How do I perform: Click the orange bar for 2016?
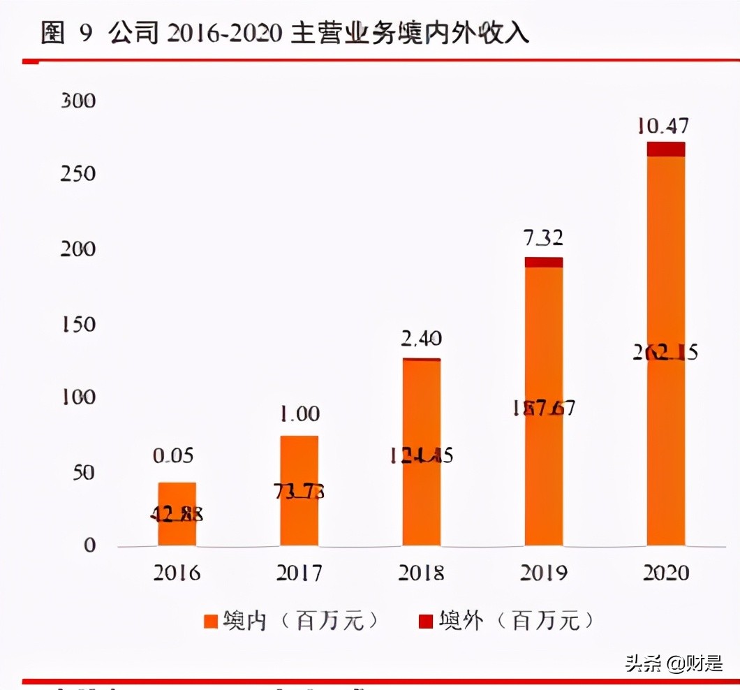click(177, 513)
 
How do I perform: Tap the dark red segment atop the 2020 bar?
click(665, 149)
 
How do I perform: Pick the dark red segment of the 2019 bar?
click(543, 262)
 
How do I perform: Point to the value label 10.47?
click(663, 126)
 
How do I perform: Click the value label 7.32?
click(543, 238)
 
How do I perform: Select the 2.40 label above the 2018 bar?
click(422, 339)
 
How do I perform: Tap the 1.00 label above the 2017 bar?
click(299, 414)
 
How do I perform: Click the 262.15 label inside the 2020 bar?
click(665, 352)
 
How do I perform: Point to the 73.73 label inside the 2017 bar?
click(299, 491)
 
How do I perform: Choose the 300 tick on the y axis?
click(78, 101)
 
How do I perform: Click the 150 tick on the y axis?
click(78, 325)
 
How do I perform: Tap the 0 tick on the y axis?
click(89, 545)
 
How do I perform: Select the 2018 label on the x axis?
click(422, 573)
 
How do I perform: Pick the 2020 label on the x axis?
click(665, 573)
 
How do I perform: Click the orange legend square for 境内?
click(211, 620)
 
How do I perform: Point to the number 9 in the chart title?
click(85, 34)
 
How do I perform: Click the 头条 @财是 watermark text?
click(674, 662)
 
